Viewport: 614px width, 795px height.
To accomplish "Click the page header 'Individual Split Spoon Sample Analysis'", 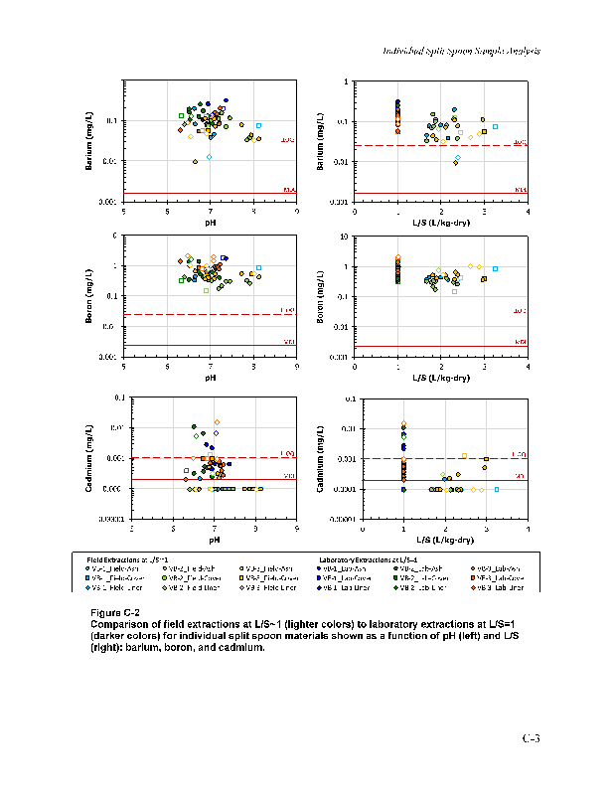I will [461, 51].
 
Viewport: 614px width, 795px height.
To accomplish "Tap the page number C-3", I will [532, 738].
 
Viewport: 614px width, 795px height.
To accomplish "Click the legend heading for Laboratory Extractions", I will [368, 560].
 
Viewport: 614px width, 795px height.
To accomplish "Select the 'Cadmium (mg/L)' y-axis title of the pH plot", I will [89, 457].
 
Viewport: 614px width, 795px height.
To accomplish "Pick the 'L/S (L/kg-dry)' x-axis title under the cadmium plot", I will [444, 540].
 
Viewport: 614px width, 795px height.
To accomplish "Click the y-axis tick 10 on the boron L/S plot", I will [344, 237].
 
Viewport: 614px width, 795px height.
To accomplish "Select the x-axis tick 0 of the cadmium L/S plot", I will [363, 528].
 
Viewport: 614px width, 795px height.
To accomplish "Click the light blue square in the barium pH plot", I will [258, 126].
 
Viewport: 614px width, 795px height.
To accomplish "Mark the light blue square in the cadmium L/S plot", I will [497, 490].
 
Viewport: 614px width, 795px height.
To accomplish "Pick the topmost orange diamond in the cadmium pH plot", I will [217, 421].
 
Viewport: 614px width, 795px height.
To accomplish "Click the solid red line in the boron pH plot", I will [211, 346].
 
